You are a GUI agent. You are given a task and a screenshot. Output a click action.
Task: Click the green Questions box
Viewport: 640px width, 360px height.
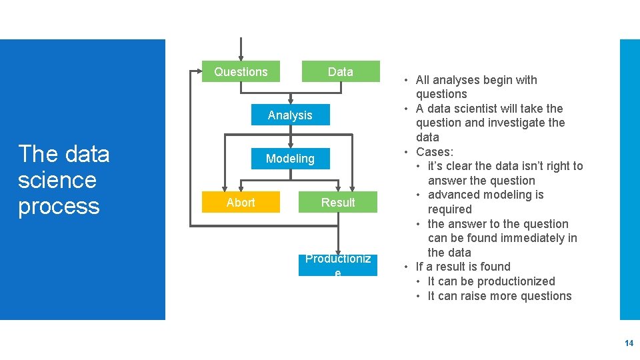(x=241, y=72)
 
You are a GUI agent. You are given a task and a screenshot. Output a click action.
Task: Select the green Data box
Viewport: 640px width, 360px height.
(x=340, y=72)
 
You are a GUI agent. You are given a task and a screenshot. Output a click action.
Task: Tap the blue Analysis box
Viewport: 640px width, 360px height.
(x=290, y=115)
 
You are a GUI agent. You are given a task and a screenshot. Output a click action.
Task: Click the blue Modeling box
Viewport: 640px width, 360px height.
(x=290, y=159)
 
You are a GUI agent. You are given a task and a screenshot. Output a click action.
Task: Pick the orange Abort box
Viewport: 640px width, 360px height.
(x=241, y=202)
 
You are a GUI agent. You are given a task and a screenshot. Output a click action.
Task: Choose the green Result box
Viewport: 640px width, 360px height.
(x=338, y=202)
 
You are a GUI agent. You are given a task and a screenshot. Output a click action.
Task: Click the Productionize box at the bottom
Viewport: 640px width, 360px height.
(x=338, y=264)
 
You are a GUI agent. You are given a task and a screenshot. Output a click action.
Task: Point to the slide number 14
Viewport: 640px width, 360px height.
(x=629, y=343)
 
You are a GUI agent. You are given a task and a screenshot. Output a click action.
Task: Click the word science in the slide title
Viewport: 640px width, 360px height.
(x=57, y=180)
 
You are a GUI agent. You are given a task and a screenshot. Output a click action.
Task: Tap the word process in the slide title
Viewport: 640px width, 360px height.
(x=59, y=206)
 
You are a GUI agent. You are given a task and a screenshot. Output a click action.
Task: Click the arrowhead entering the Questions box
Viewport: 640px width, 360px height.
(x=241, y=57)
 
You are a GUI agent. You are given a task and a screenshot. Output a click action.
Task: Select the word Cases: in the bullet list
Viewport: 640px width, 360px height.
(x=434, y=152)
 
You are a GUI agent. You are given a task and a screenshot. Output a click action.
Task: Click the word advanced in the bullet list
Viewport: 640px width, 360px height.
(x=451, y=195)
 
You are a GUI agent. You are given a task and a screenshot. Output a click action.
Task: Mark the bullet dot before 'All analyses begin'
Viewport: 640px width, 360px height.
(x=406, y=81)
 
